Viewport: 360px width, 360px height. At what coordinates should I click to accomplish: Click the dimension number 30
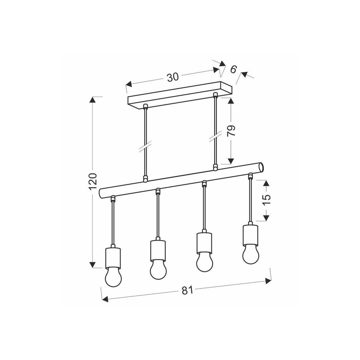[173, 77]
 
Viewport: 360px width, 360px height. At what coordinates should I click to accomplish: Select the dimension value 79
[232, 131]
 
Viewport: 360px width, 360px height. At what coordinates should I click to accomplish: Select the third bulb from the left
[205, 262]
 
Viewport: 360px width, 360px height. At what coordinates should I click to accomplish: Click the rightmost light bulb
[250, 255]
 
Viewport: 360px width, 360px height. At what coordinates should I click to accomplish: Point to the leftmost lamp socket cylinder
[113, 258]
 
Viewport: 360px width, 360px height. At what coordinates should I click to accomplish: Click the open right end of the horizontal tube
[262, 166]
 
